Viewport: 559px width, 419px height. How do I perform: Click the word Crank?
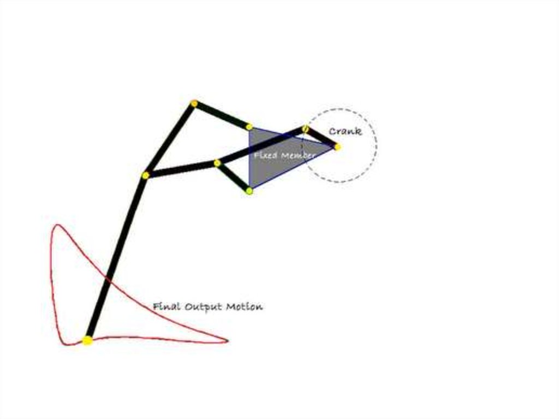click(x=345, y=131)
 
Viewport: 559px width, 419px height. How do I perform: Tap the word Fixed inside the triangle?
click(x=266, y=155)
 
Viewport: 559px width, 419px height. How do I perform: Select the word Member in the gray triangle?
click(x=298, y=156)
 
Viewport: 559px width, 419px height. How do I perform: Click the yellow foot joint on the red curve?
click(x=87, y=340)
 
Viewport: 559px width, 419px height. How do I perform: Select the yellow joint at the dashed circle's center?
click(x=337, y=147)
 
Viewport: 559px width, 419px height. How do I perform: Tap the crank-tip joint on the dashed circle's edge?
click(x=305, y=128)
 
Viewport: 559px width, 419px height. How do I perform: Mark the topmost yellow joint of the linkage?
click(x=194, y=103)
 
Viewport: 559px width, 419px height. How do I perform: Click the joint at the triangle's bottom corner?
click(x=249, y=191)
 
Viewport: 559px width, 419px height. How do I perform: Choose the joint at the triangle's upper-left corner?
click(x=249, y=127)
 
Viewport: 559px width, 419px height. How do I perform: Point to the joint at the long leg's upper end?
click(x=145, y=175)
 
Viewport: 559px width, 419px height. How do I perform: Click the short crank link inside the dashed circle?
click(x=321, y=138)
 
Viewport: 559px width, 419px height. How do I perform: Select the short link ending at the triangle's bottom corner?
click(x=233, y=177)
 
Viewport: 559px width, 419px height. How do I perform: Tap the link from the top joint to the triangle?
click(x=222, y=115)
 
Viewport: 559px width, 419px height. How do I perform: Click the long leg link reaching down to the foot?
click(x=116, y=258)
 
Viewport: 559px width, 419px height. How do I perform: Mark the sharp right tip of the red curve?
click(x=228, y=341)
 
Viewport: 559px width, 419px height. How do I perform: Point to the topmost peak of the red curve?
click(x=57, y=225)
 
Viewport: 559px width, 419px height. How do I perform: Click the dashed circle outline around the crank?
click(x=377, y=146)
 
